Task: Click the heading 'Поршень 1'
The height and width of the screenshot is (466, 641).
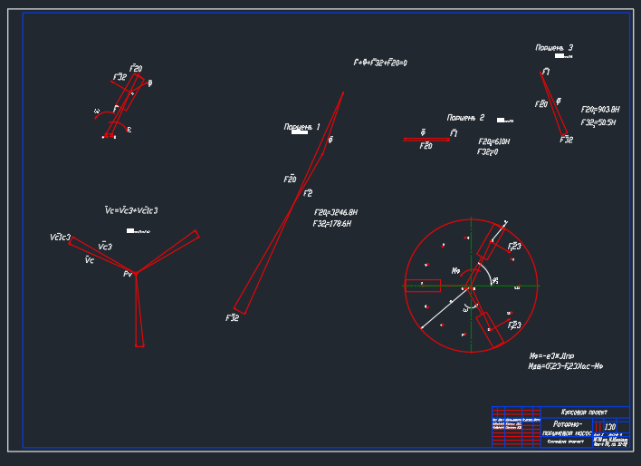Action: coord(301,126)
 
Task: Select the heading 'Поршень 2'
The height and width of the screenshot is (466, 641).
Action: coord(465,118)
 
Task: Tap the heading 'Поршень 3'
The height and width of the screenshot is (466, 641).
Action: coord(554,47)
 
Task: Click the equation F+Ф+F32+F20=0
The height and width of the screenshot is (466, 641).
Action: coord(380,63)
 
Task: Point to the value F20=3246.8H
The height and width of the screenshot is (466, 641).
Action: coord(335,212)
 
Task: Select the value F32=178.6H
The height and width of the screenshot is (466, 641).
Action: coord(331,223)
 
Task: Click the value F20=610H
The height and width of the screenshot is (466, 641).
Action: coord(493,142)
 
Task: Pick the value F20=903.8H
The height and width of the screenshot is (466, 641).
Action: coord(599,110)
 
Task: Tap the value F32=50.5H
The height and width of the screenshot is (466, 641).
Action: coord(598,121)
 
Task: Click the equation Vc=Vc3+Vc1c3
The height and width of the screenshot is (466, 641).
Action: coord(131,210)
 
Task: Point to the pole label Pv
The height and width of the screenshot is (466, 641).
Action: coord(128,273)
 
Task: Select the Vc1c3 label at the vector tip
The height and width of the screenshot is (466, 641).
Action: coord(60,238)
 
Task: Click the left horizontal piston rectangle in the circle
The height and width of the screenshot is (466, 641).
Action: coord(423,286)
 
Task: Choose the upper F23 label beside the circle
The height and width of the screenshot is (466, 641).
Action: coord(514,246)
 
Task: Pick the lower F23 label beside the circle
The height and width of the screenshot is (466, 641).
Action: coord(514,325)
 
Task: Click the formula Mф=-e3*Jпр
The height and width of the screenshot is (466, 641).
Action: coord(551,356)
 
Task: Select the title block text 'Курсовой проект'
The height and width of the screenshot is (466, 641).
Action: coord(585,412)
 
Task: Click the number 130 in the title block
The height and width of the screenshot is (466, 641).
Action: coord(609,426)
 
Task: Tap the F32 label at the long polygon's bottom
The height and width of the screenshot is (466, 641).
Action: coord(232,318)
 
